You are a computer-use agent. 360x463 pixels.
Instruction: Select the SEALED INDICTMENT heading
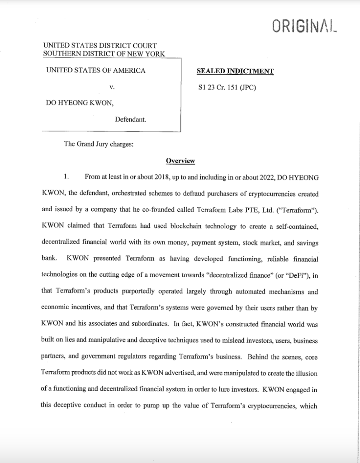(x=235, y=71)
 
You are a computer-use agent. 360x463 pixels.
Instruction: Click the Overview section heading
(x=180, y=161)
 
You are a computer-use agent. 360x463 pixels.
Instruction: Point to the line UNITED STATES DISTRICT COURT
(x=99, y=46)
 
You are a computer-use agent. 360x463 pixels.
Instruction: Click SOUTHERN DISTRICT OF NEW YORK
(x=104, y=53)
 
